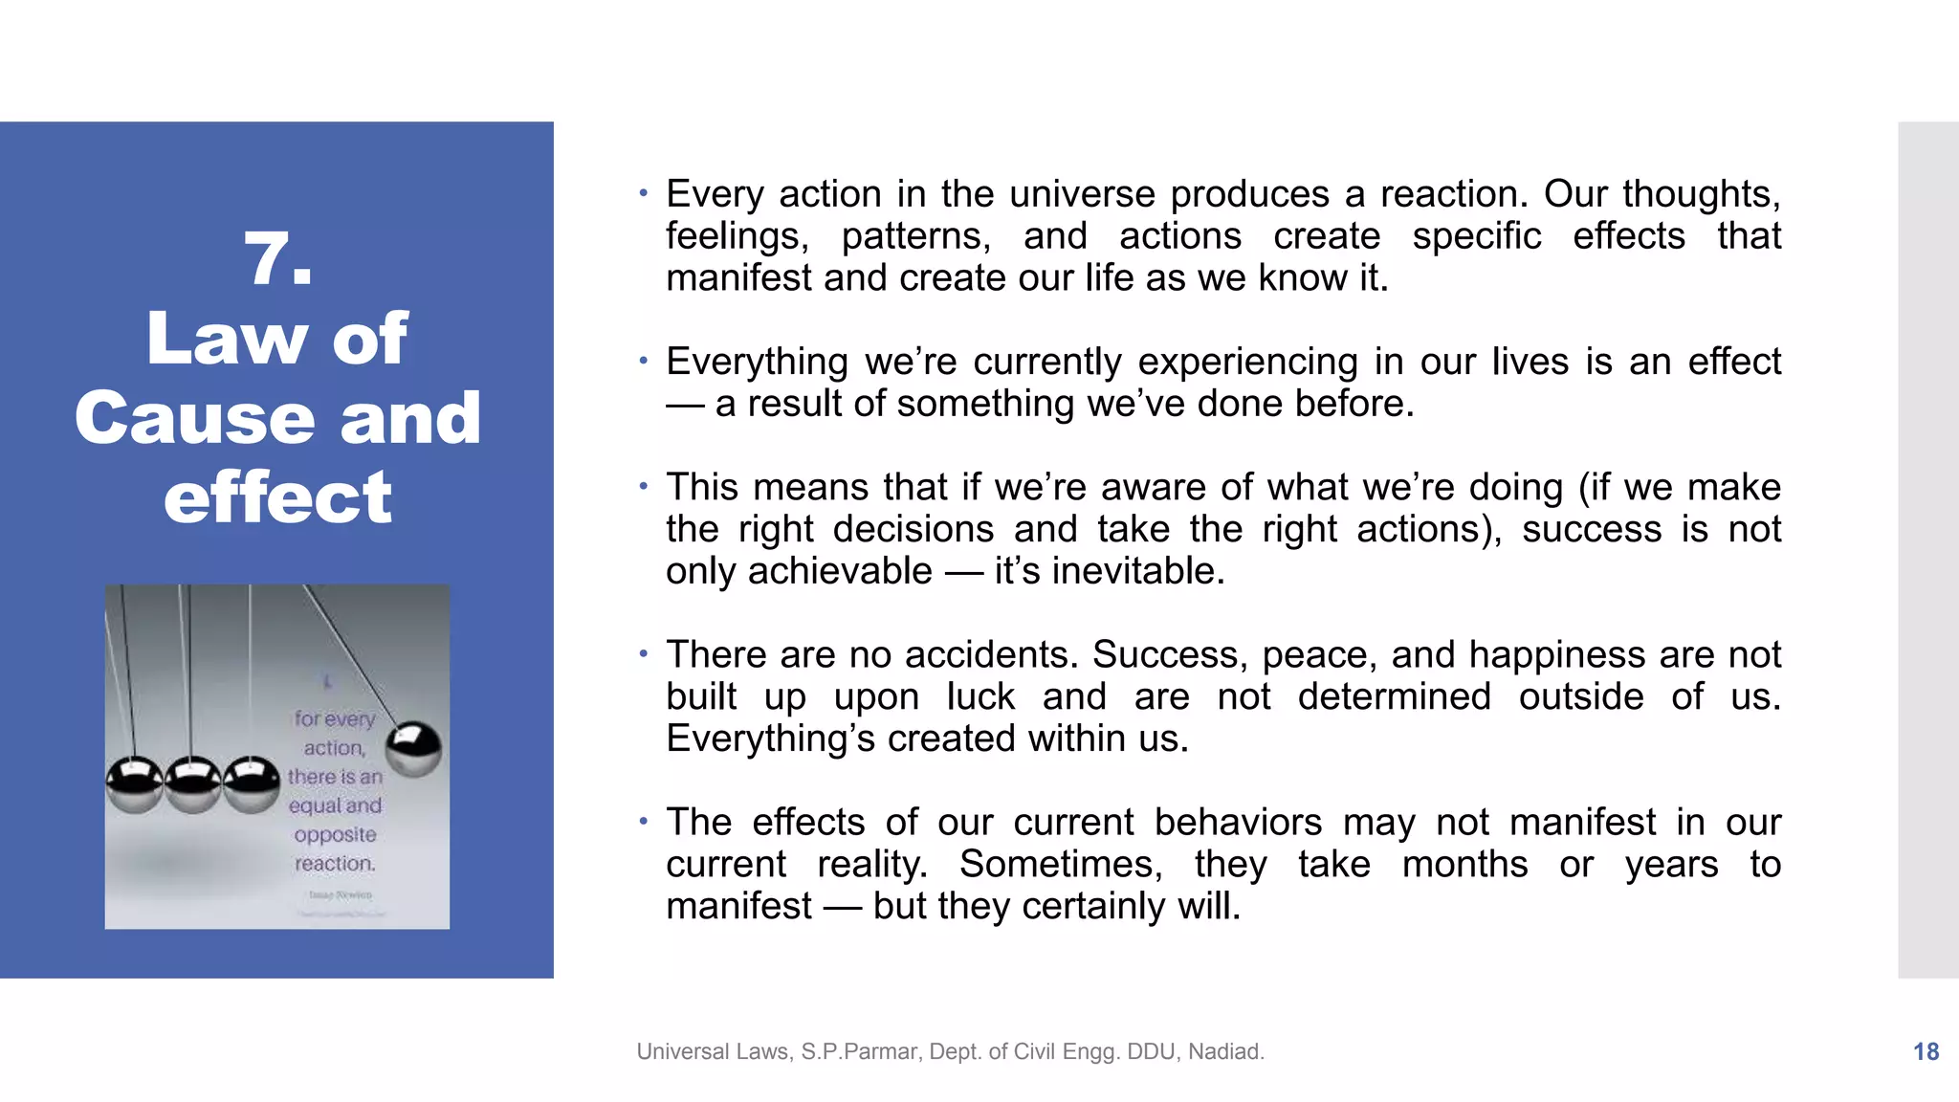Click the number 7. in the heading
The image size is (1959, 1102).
pyautogui.click(x=277, y=260)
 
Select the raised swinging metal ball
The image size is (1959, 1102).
pyautogui.click(x=413, y=747)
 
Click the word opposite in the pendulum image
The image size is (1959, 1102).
pyautogui.click(x=335, y=834)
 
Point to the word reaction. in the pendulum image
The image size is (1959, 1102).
pyautogui.click(x=335, y=863)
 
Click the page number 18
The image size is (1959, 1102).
pyautogui.click(x=1926, y=1051)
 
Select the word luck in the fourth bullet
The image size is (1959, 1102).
pyautogui.click(x=980, y=696)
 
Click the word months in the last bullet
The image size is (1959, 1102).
pyautogui.click(x=1464, y=864)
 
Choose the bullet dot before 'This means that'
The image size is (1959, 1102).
pyautogui.click(x=644, y=486)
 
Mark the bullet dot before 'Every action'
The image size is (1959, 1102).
pyautogui.click(x=644, y=193)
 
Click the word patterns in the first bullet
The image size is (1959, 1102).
pyautogui.click(x=916, y=236)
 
